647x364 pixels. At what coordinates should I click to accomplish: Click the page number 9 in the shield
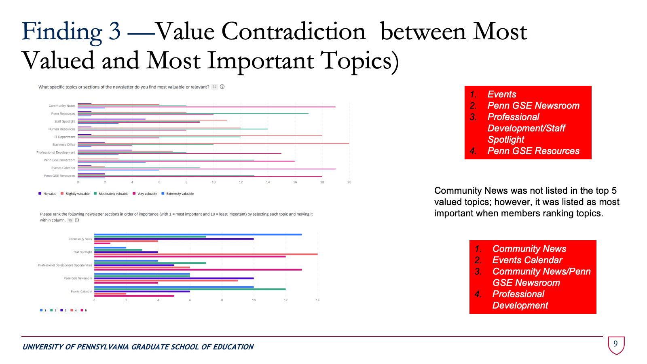(x=615, y=344)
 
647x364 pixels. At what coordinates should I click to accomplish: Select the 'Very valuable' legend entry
(x=147, y=194)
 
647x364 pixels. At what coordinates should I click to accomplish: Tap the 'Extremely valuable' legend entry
(x=180, y=194)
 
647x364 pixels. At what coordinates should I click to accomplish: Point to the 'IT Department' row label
(x=65, y=137)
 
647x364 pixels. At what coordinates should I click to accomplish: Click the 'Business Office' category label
(x=63, y=145)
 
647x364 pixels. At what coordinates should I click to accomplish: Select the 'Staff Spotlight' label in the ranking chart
(x=82, y=252)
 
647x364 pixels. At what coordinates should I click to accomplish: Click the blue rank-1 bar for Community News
(x=198, y=235)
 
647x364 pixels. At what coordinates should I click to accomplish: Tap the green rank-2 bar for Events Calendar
(x=190, y=289)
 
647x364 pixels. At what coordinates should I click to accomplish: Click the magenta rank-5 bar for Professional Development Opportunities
(x=198, y=270)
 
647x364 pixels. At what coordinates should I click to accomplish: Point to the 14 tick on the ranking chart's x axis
(x=317, y=300)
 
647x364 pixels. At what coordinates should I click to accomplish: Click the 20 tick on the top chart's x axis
(x=349, y=182)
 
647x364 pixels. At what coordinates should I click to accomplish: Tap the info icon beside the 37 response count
(x=222, y=87)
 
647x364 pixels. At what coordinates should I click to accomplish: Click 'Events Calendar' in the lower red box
(x=527, y=260)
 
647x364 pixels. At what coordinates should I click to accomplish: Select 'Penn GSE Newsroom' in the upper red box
(x=533, y=106)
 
